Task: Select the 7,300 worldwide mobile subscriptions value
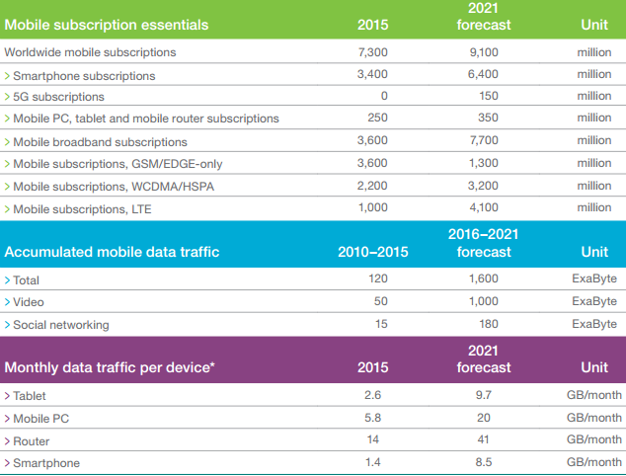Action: coord(370,50)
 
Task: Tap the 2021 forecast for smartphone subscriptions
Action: coord(484,74)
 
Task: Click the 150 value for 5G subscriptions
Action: coord(484,96)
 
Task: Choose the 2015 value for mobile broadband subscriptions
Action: coord(370,141)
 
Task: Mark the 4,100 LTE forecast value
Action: coord(484,208)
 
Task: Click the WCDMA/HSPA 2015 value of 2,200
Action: coord(370,186)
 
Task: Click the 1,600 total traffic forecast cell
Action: coord(484,280)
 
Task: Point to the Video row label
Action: coord(31,302)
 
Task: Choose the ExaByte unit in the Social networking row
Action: coord(596,324)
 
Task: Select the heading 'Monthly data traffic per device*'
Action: coord(111,368)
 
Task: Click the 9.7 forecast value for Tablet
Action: coord(484,396)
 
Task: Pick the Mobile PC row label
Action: coord(41,418)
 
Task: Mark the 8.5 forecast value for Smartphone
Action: coord(484,462)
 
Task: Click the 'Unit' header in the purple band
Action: coord(594,368)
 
